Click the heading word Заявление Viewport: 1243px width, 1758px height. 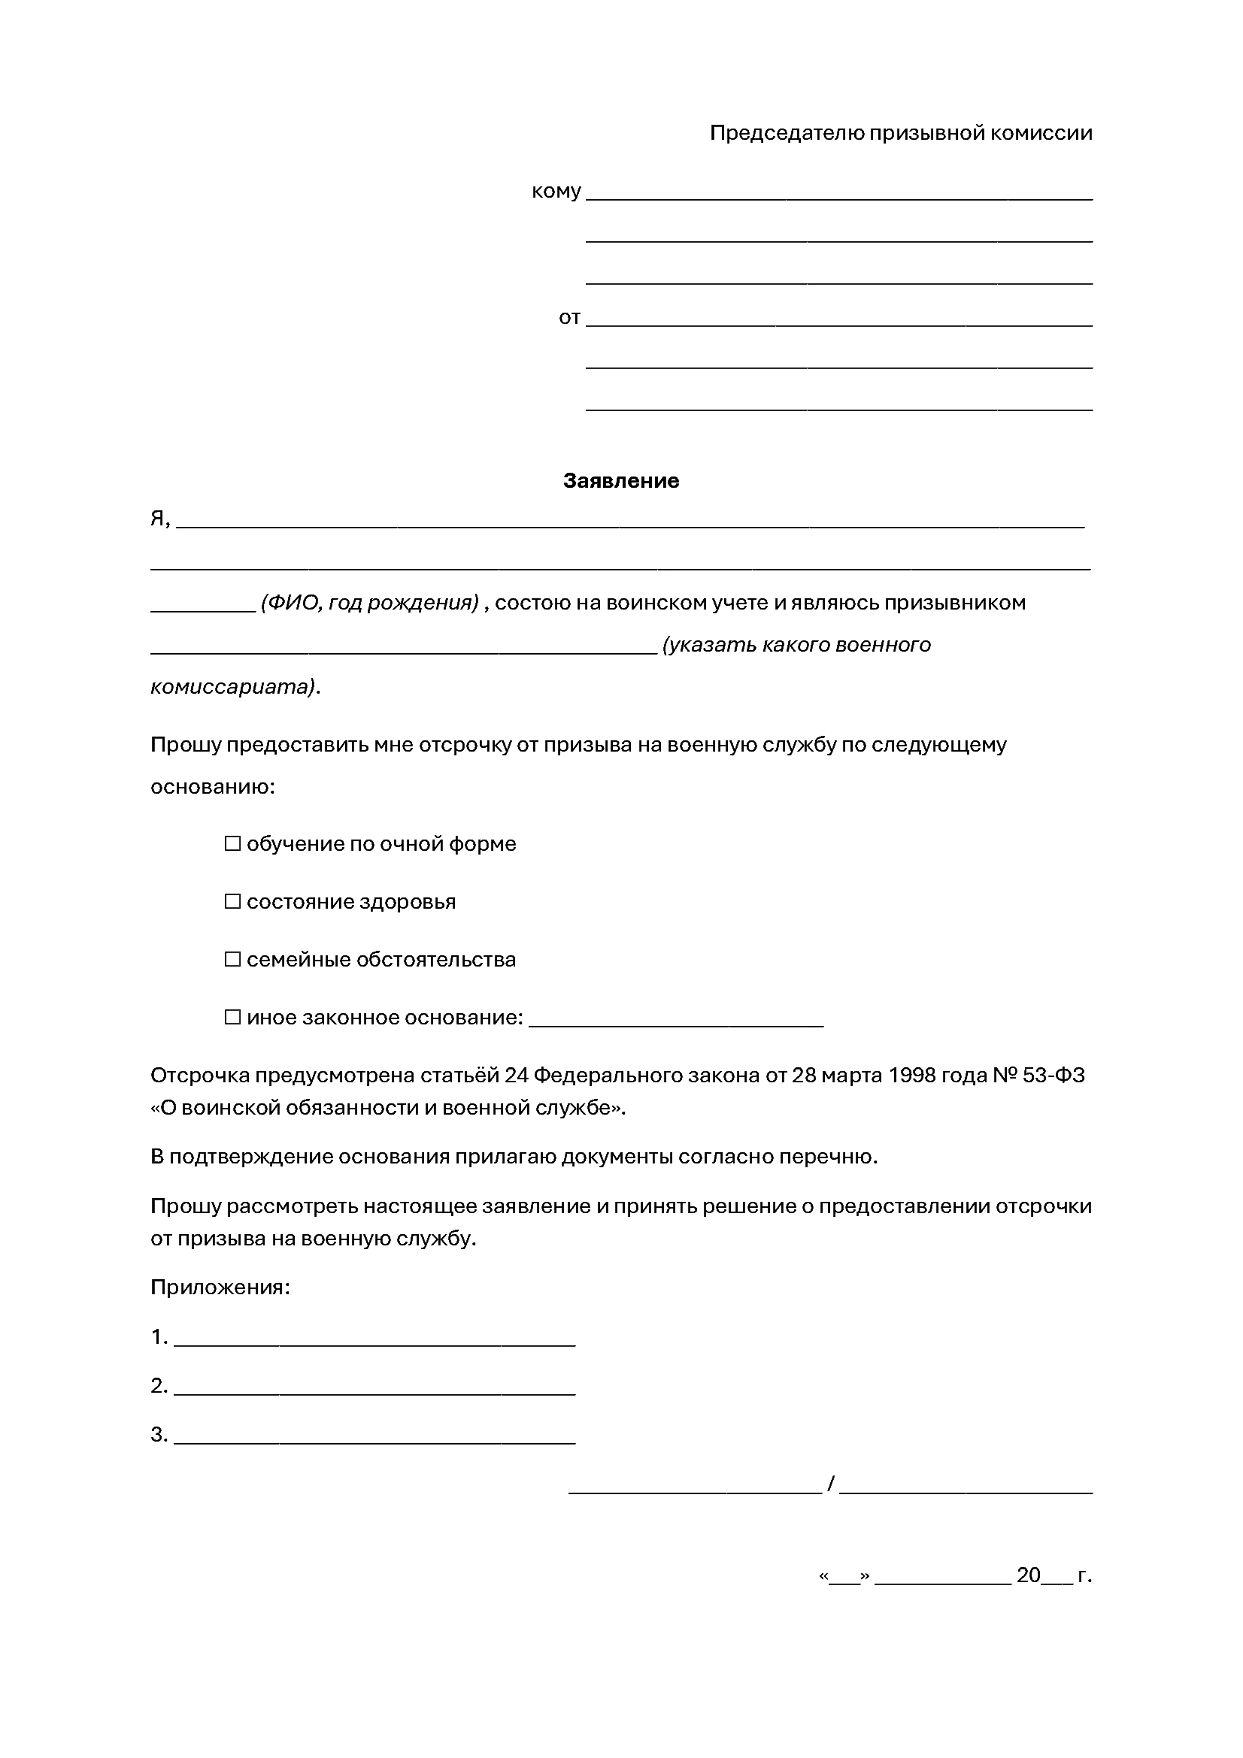(620, 481)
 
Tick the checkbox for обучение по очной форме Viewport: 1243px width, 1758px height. (232, 844)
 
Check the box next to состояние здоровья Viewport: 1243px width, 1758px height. (232, 902)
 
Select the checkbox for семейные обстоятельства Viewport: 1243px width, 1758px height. (232, 959)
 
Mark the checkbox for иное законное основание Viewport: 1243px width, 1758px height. (232, 1018)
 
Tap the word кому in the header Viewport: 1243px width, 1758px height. (556, 192)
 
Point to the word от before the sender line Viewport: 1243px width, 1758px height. (569, 318)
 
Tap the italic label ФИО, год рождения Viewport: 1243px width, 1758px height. (369, 603)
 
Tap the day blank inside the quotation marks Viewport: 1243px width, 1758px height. (844, 1576)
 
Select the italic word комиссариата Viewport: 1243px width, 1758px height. (233, 687)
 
